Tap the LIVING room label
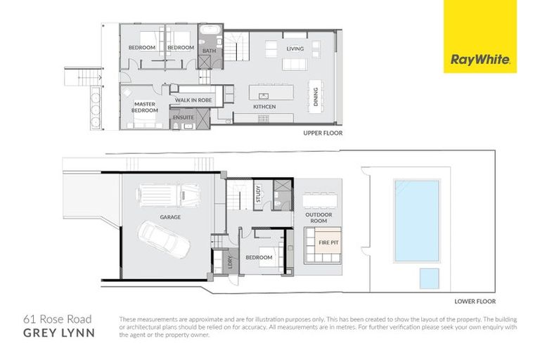click(x=295, y=49)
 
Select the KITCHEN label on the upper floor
click(x=264, y=107)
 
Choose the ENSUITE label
click(x=184, y=117)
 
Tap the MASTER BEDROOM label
click(x=145, y=107)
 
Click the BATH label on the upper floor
click(x=209, y=51)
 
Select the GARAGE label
click(x=169, y=217)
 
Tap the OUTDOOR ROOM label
click(x=323, y=217)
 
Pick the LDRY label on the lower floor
click(x=229, y=263)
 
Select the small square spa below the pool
click(x=430, y=278)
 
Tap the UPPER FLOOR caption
click(x=322, y=132)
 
